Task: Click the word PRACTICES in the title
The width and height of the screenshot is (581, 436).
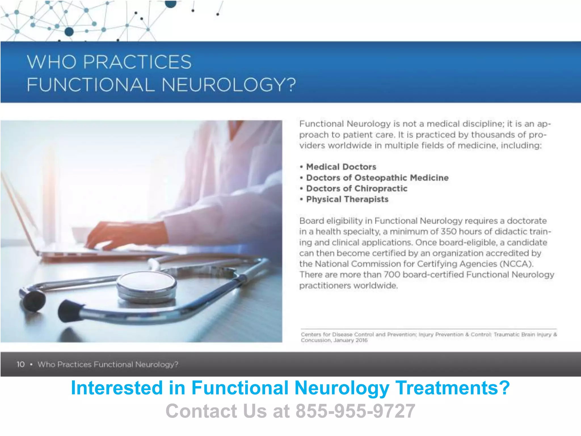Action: (137, 62)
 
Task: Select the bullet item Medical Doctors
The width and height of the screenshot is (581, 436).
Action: (341, 167)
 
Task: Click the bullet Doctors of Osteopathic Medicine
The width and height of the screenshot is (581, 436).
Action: (377, 178)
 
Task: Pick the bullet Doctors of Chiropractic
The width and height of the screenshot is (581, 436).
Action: (357, 188)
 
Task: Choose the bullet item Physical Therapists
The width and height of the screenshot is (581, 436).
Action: (347, 199)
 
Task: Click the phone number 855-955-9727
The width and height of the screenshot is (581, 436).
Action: (355, 411)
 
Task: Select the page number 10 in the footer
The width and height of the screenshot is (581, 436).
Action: (21, 364)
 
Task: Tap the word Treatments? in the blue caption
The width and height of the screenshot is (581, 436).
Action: (452, 388)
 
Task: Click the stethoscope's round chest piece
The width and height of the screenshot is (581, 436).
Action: (146, 285)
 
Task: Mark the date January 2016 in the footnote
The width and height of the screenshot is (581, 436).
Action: (350, 340)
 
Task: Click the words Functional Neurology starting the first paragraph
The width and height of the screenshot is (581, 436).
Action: (345, 124)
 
